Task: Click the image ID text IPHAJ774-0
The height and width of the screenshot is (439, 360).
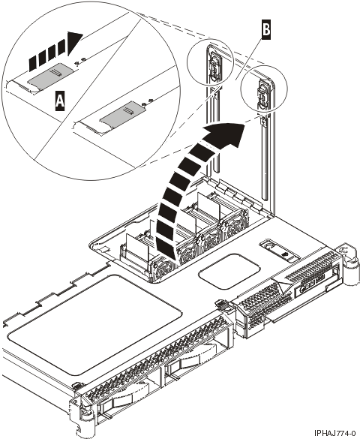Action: [329, 432]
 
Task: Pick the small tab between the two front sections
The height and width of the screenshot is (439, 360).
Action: [222, 305]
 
